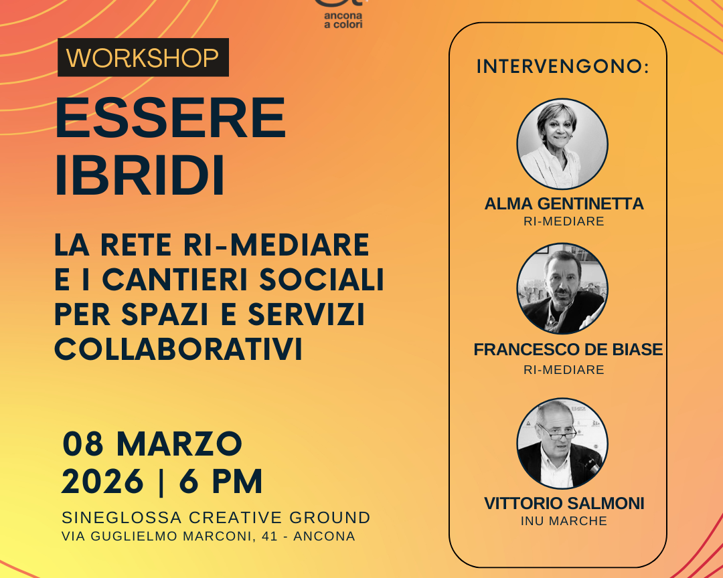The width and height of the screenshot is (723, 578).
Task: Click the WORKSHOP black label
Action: click(143, 57)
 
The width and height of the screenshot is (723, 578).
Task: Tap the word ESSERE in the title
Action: click(171, 118)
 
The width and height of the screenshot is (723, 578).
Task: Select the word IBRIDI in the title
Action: click(140, 176)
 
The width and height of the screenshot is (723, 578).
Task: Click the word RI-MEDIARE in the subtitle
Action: click(276, 245)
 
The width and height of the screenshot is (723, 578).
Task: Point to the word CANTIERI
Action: click(175, 280)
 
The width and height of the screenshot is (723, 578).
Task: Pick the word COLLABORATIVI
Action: click(179, 349)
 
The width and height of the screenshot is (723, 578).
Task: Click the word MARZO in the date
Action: click(179, 444)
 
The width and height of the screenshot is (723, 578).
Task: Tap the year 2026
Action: click(102, 482)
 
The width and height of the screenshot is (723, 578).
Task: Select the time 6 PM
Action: click(221, 482)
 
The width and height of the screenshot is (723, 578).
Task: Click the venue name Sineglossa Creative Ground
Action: click(216, 518)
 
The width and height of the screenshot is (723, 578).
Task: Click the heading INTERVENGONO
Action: click(562, 66)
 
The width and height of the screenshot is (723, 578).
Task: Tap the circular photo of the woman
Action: click(562, 144)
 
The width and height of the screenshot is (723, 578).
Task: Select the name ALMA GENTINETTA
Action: click(564, 204)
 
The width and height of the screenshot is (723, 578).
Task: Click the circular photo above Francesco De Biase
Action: click(562, 288)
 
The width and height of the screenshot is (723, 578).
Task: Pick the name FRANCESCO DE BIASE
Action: click(568, 349)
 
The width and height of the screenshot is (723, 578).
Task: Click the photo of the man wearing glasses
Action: click(562, 444)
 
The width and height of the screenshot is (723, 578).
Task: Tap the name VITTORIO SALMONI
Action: click(564, 503)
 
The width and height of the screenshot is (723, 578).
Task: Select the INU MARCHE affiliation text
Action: click(564, 521)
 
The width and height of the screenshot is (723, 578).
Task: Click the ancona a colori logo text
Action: click(343, 20)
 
